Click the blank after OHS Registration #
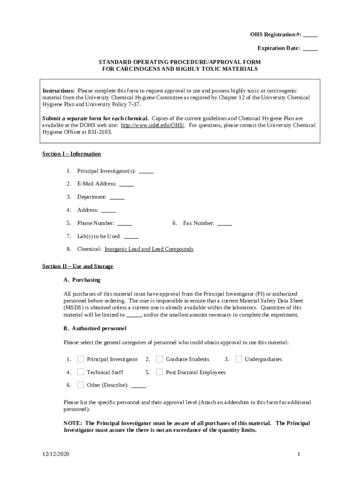click(x=310, y=36)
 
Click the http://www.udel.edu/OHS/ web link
click(x=152, y=125)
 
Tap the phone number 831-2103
click(x=100, y=132)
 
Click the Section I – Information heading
click(x=72, y=154)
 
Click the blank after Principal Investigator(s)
click(x=146, y=171)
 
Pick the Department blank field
click(x=117, y=197)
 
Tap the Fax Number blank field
click(x=224, y=224)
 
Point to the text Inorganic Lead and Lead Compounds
click(x=149, y=249)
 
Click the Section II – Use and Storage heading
click(x=78, y=266)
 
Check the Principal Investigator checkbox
click(x=80, y=359)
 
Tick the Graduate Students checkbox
click(x=159, y=359)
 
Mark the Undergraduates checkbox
click(x=238, y=359)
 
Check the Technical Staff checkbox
click(x=80, y=372)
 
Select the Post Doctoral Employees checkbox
click(x=159, y=372)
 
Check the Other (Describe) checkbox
click(x=80, y=385)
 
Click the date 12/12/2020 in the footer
click(x=54, y=454)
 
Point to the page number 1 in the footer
click(x=298, y=454)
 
